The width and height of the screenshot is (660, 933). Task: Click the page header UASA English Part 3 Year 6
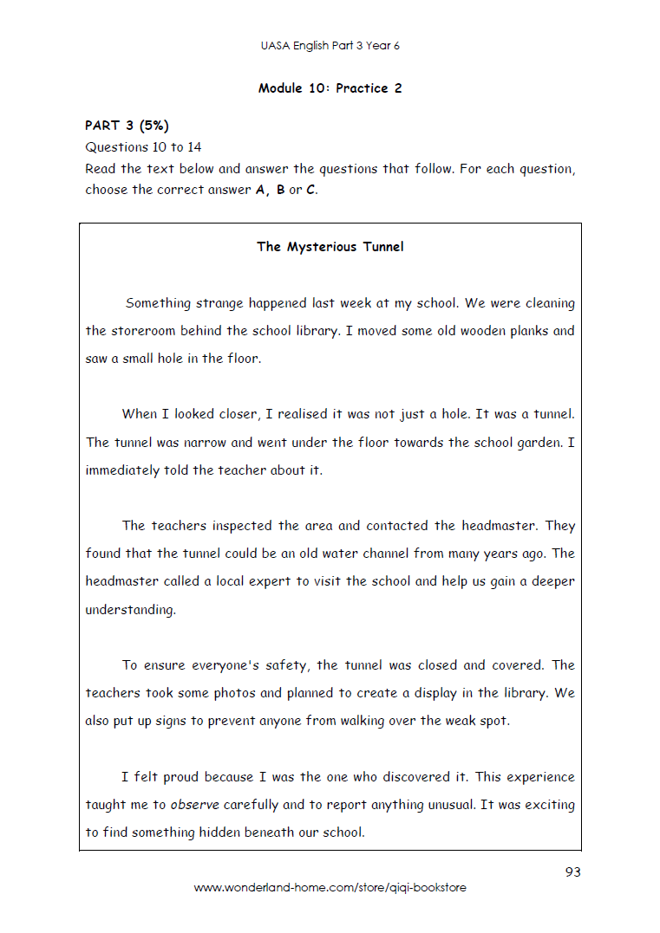(x=330, y=46)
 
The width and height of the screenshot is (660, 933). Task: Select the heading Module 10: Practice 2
(x=330, y=88)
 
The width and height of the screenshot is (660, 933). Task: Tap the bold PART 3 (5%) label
(x=127, y=126)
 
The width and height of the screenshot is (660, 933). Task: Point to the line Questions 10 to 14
(x=143, y=147)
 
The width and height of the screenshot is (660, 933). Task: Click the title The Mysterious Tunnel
(x=330, y=247)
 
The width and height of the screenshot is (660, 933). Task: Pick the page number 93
(x=572, y=872)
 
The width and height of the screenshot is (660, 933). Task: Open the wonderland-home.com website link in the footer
(x=330, y=888)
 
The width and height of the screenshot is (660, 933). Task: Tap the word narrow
(x=205, y=443)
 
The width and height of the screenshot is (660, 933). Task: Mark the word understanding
(x=130, y=610)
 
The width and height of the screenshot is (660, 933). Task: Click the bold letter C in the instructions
(x=310, y=190)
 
